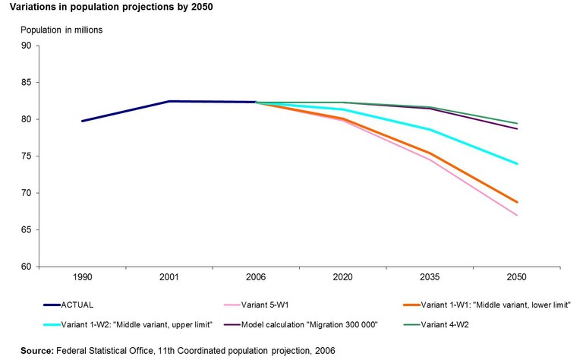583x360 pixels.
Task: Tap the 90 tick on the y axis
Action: click(25, 46)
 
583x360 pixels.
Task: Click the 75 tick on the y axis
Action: click(25, 156)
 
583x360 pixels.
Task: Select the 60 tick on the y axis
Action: click(25, 267)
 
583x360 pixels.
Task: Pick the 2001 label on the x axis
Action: click(169, 279)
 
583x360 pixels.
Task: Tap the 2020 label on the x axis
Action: click(343, 279)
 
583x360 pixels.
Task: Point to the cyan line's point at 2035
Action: click(430, 130)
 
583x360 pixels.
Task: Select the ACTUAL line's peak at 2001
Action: click(169, 101)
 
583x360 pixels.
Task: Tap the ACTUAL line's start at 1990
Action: click(82, 121)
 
